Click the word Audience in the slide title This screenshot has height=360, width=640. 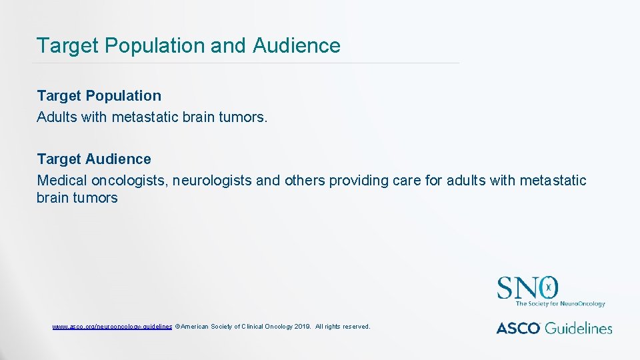coord(297,45)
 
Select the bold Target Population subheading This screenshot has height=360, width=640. coord(99,96)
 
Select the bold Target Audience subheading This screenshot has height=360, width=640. coord(94,159)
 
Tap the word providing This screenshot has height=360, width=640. coord(356,181)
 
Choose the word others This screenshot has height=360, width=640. coord(304,181)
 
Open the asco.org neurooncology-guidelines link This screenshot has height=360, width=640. coord(112,327)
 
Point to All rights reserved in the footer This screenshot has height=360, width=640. coord(343,327)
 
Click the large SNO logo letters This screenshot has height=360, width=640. coord(527,288)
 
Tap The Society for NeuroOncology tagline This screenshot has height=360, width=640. coord(560,304)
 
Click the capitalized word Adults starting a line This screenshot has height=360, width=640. coord(57,117)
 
